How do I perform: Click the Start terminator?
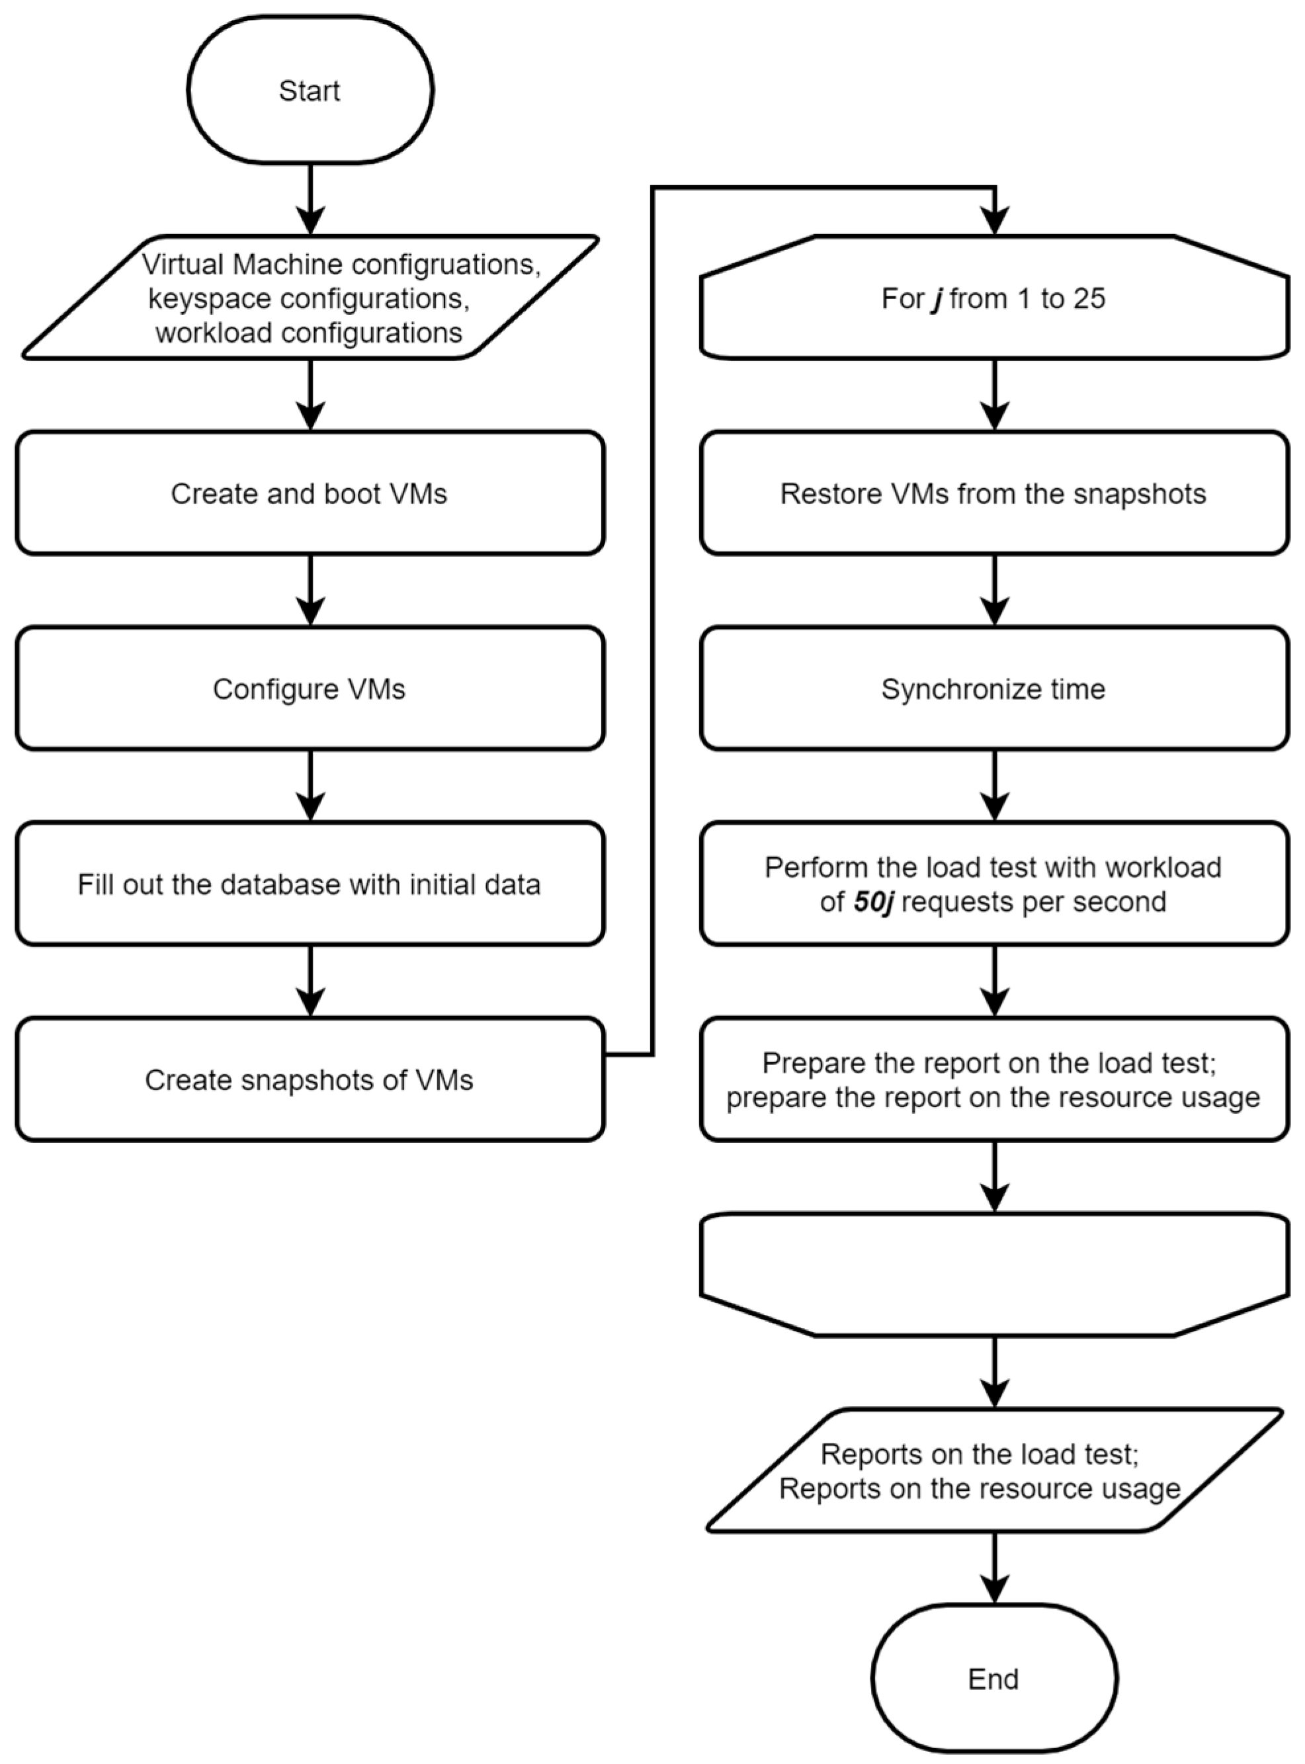click(310, 90)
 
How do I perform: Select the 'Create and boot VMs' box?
click(310, 493)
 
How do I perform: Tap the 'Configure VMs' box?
click(310, 688)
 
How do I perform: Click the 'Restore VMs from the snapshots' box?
click(993, 493)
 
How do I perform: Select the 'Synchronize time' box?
click(993, 688)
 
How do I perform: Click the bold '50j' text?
click(873, 902)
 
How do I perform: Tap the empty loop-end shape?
click(993, 1273)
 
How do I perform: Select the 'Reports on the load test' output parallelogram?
click(993, 1471)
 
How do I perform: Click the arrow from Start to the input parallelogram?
click(310, 198)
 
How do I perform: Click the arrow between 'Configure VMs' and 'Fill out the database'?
click(310, 785)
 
